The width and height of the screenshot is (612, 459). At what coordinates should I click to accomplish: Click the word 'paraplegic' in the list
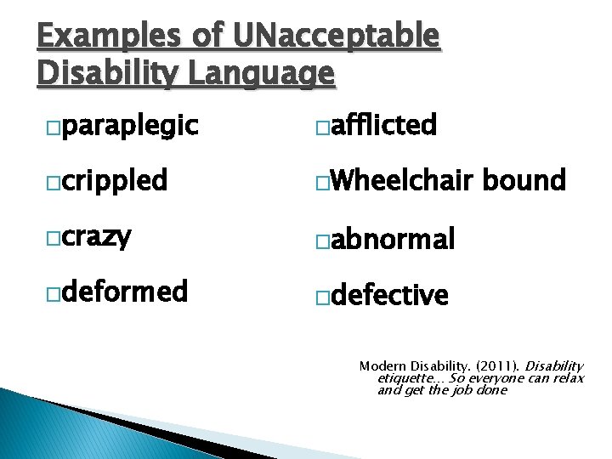point(130,127)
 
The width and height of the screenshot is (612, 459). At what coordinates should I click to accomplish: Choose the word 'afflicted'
point(382,126)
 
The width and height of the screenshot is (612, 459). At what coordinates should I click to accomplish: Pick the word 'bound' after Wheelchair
point(524,180)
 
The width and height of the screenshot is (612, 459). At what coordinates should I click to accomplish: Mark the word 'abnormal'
point(394,240)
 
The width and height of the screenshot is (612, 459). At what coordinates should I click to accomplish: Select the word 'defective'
point(389,295)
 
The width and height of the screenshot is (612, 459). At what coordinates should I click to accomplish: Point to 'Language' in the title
point(261,74)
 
